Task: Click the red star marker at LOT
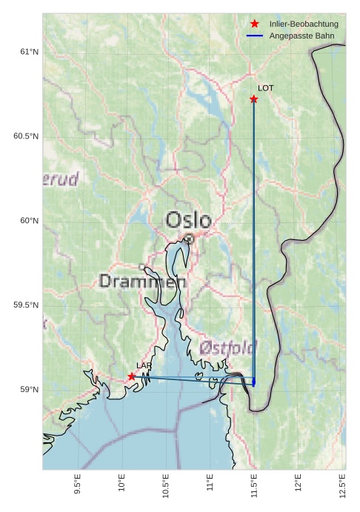tap(254, 99)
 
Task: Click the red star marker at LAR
tap(132, 376)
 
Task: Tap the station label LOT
tap(265, 88)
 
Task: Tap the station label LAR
tap(144, 366)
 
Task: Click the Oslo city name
tap(188, 220)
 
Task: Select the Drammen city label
tap(142, 282)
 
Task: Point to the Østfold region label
tap(228, 347)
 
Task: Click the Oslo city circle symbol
tap(190, 239)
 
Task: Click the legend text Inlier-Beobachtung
tap(304, 24)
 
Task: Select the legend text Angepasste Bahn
tap(301, 36)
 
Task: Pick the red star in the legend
tap(255, 24)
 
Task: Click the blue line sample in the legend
tap(255, 36)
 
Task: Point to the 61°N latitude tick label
tap(28, 52)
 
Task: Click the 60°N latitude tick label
tap(28, 221)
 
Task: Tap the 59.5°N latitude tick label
tap(26, 305)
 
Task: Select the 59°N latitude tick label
tap(28, 390)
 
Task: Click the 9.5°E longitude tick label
tap(79, 485)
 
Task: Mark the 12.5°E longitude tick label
tap(342, 485)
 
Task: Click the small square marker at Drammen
tap(141, 267)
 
